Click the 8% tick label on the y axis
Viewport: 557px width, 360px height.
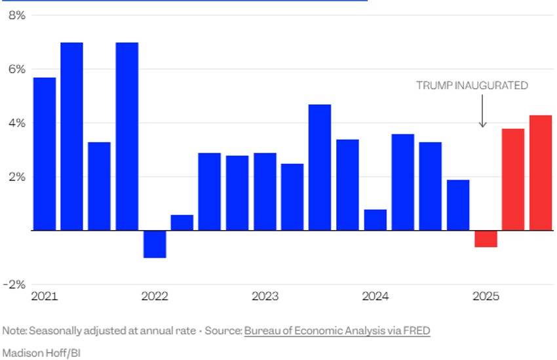pyautogui.click(x=16, y=15)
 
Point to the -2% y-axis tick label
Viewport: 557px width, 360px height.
pyautogui.click(x=14, y=285)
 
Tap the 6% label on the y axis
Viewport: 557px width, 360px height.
pyautogui.click(x=16, y=69)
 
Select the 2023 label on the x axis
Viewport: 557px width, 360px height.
pyautogui.click(x=265, y=296)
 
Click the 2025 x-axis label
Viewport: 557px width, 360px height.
pyautogui.click(x=486, y=296)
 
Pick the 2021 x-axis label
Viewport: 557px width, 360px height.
pyautogui.click(x=45, y=296)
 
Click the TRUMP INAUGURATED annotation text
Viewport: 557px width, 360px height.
pyautogui.click(x=472, y=85)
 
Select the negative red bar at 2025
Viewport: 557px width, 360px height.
pyautogui.click(x=486, y=239)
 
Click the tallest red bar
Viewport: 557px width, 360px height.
pyautogui.click(x=541, y=173)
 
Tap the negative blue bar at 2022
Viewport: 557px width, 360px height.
pyautogui.click(x=155, y=244)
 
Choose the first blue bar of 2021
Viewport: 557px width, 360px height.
pyautogui.click(x=45, y=154)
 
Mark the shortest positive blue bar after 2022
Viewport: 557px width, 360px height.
pyautogui.click(x=182, y=222)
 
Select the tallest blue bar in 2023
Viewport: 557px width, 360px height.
pyautogui.click(x=320, y=167)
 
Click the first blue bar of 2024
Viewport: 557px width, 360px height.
pyautogui.click(x=375, y=220)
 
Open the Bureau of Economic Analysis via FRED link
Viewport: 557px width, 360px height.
pyautogui.click(x=337, y=330)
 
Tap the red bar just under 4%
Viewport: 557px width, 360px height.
pyautogui.click(x=513, y=180)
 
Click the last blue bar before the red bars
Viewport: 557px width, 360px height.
pyautogui.click(x=458, y=205)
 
